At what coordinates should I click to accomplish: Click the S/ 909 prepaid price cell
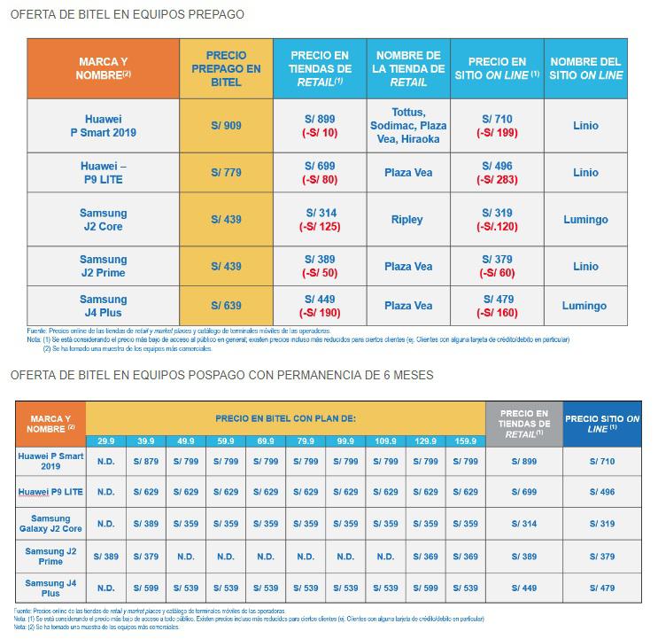[226, 126]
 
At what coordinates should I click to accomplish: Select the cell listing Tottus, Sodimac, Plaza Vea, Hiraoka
[407, 126]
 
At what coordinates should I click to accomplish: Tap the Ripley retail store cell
[407, 220]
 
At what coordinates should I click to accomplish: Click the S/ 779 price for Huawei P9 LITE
[226, 173]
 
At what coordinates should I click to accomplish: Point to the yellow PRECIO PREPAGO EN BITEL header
[226, 67]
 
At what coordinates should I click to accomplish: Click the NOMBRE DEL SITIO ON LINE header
[586, 67]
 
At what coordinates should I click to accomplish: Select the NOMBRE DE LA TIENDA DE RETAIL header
[407, 67]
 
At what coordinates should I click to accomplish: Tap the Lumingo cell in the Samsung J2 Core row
[586, 220]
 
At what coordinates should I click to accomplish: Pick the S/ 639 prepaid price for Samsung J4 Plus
[226, 306]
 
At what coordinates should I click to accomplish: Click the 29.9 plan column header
[106, 440]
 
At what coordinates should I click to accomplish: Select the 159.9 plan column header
[465, 440]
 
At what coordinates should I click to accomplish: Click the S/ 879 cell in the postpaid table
[145, 462]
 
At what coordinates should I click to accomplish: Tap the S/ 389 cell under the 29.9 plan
[106, 555]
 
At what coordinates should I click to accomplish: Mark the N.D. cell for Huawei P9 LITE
[106, 492]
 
